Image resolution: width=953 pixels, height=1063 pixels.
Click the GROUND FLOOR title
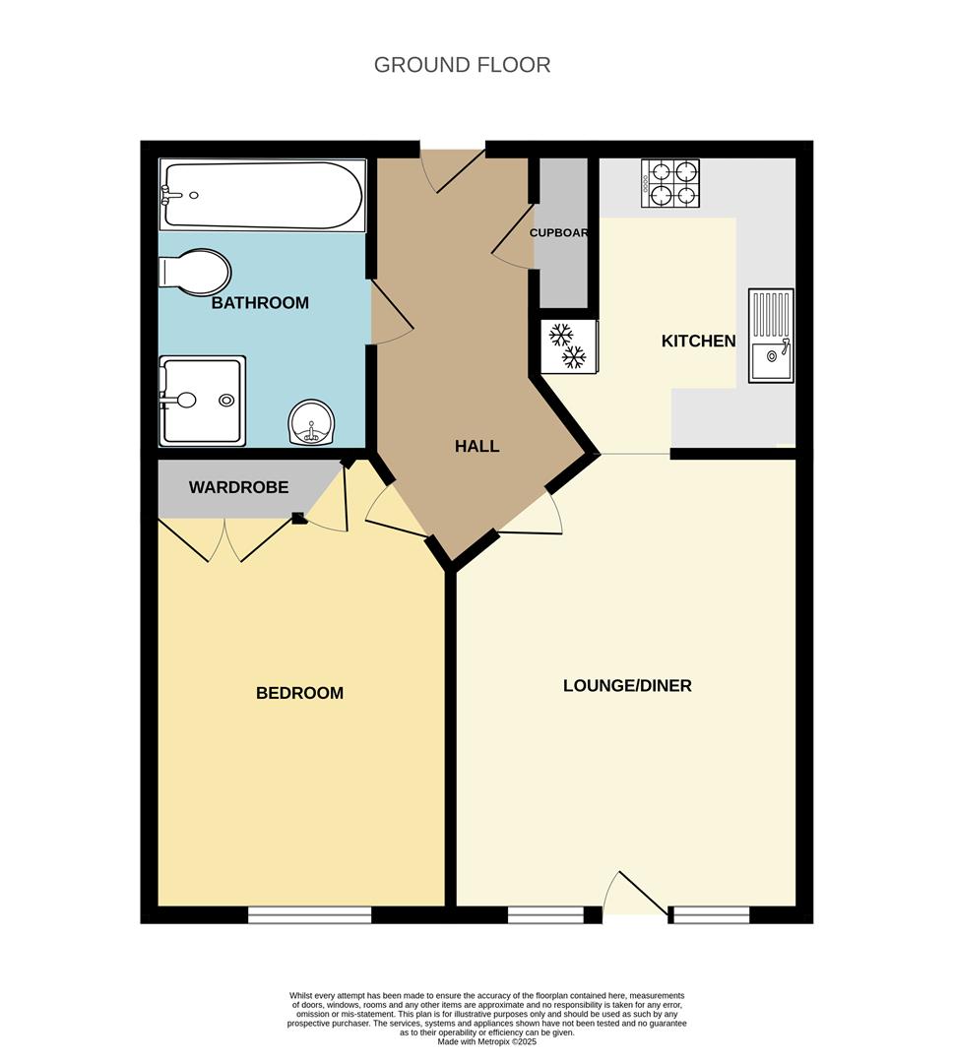[x=462, y=65]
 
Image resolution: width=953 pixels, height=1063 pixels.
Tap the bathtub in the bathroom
[x=263, y=195]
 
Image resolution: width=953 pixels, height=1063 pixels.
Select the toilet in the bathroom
[x=197, y=271]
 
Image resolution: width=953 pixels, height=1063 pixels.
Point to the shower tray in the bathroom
[x=202, y=400]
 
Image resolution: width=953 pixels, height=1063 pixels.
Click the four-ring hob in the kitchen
[x=670, y=183]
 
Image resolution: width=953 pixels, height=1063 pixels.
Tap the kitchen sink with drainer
[x=770, y=335]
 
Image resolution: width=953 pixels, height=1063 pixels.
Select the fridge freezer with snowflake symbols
[x=567, y=346]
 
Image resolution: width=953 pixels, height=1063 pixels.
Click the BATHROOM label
[x=260, y=303]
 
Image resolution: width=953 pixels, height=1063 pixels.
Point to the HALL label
[x=476, y=446]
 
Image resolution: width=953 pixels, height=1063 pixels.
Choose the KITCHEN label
[x=698, y=342]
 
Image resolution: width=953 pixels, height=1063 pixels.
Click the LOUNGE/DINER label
[x=627, y=685]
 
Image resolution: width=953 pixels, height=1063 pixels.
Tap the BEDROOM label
[x=299, y=693]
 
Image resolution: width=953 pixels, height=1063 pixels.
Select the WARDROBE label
[x=238, y=487]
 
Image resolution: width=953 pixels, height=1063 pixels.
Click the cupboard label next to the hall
[x=558, y=233]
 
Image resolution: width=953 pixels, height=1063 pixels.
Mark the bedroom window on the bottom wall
[x=309, y=915]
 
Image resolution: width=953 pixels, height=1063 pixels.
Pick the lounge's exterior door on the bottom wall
[x=636, y=896]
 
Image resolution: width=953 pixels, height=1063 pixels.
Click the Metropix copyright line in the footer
[x=487, y=1042]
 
